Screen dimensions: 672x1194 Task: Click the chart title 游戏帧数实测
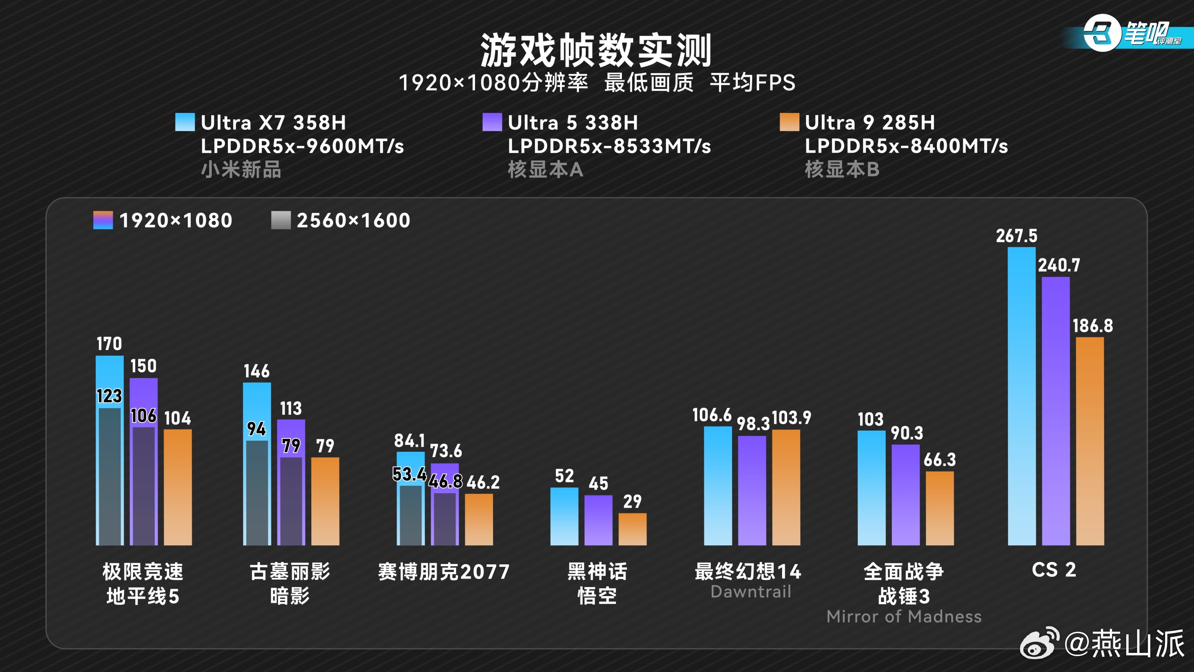[596, 50]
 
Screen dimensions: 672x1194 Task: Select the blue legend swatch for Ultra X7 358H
[185, 122]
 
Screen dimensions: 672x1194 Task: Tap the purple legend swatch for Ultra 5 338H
[492, 122]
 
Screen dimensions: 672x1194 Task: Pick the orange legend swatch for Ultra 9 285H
[789, 122]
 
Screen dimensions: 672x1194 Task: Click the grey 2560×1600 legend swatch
[281, 220]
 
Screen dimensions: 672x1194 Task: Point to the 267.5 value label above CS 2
[1016, 236]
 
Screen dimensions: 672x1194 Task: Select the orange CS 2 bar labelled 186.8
[1090, 440]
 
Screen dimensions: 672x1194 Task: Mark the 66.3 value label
[940, 460]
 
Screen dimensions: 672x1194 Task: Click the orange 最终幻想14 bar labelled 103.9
[786, 487]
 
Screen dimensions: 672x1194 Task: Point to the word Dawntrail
[751, 592]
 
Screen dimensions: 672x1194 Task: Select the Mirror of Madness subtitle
[904, 616]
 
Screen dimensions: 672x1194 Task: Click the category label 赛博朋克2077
[444, 571]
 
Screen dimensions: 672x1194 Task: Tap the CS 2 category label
[1054, 570]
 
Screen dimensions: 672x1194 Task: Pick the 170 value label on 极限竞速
[109, 344]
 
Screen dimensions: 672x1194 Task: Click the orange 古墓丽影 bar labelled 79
[325, 500]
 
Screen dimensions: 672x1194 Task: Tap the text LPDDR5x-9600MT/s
[302, 146]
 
